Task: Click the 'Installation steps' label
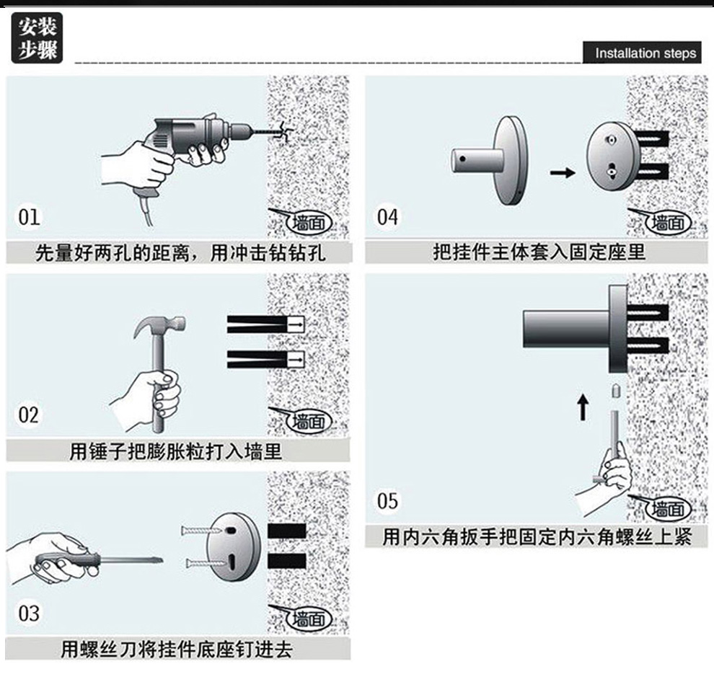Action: coord(645,53)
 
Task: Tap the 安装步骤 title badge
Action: coord(37,39)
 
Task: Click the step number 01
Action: coord(30,216)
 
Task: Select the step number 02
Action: coord(30,415)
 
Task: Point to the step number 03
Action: coord(30,614)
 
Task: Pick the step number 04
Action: coord(387,216)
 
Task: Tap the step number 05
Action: coord(387,500)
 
